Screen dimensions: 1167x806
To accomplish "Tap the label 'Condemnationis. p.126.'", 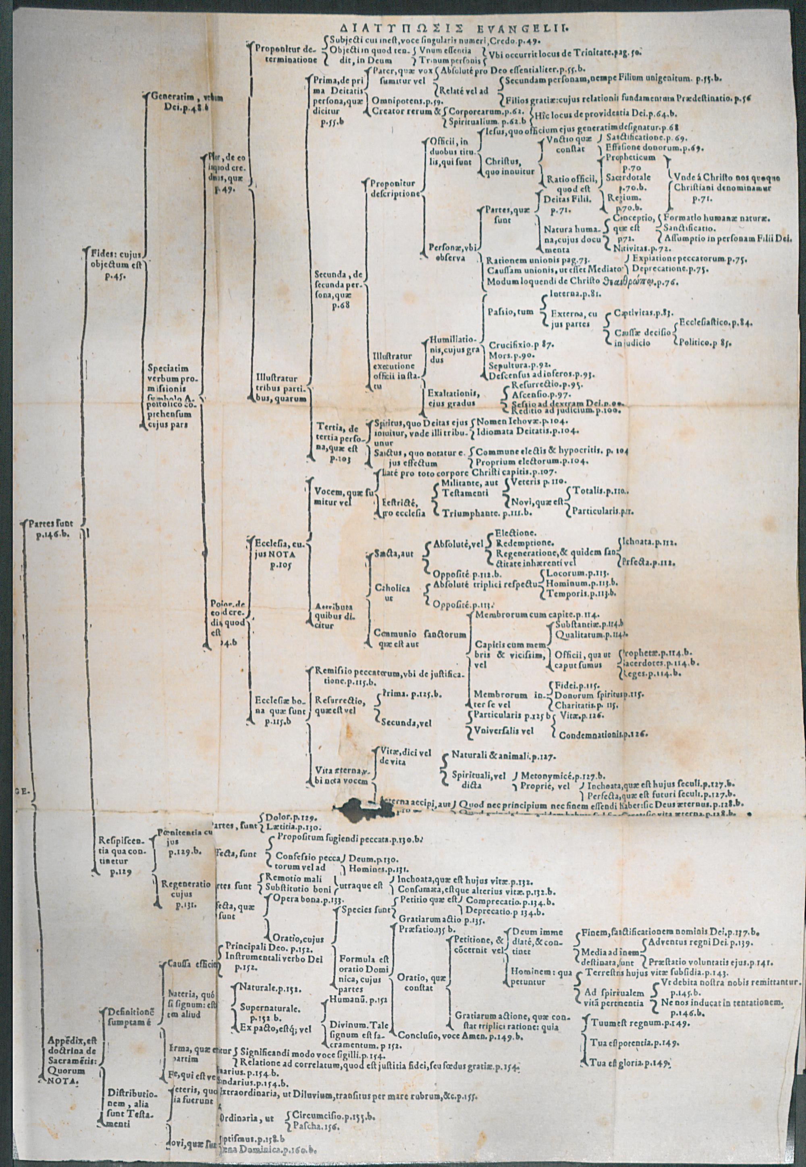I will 603,734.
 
